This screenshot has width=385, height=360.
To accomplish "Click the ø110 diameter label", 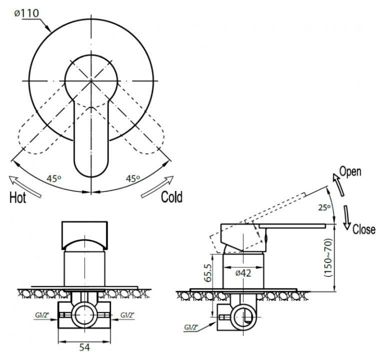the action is pyautogui.click(x=27, y=13).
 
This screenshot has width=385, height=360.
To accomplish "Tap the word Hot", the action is pyautogui.click(x=18, y=198).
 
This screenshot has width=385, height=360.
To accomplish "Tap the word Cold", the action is pyautogui.click(x=172, y=197).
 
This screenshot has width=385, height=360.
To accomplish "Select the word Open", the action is pyautogui.click(x=351, y=172).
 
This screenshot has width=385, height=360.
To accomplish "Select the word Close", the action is pyautogui.click(x=364, y=230).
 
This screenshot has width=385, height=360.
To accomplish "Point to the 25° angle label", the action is pyautogui.click(x=324, y=208).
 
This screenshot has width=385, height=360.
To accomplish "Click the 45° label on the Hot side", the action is pyautogui.click(x=54, y=178).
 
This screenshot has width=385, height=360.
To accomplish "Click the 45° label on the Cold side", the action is pyautogui.click(x=133, y=178).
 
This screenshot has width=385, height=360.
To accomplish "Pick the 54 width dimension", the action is pyautogui.click(x=85, y=347).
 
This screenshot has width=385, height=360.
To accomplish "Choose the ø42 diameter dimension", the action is pyautogui.click(x=243, y=273).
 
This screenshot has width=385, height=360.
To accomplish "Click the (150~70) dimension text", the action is pyautogui.click(x=328, y=258).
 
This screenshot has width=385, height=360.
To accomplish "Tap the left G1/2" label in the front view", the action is pyautogui.click(x=41, y=315).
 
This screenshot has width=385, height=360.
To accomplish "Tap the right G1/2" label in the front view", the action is pyautogui.click(x=127, y=315).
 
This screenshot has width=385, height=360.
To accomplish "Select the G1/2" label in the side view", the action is pyautogui.click(x=191, y=328).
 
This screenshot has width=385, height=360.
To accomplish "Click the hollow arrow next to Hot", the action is pyautogui.click(x=25, y=186).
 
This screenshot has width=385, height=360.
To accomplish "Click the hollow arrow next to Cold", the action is pyautogui.click(x=158, y=187).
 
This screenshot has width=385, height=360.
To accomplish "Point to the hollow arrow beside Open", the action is pyautogui.click(x=338, y=185).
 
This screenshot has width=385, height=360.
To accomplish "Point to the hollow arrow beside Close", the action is pyautogui.click(x=346, y=218).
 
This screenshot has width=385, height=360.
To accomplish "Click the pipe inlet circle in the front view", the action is pyautogui.click(x=85, y=316).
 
